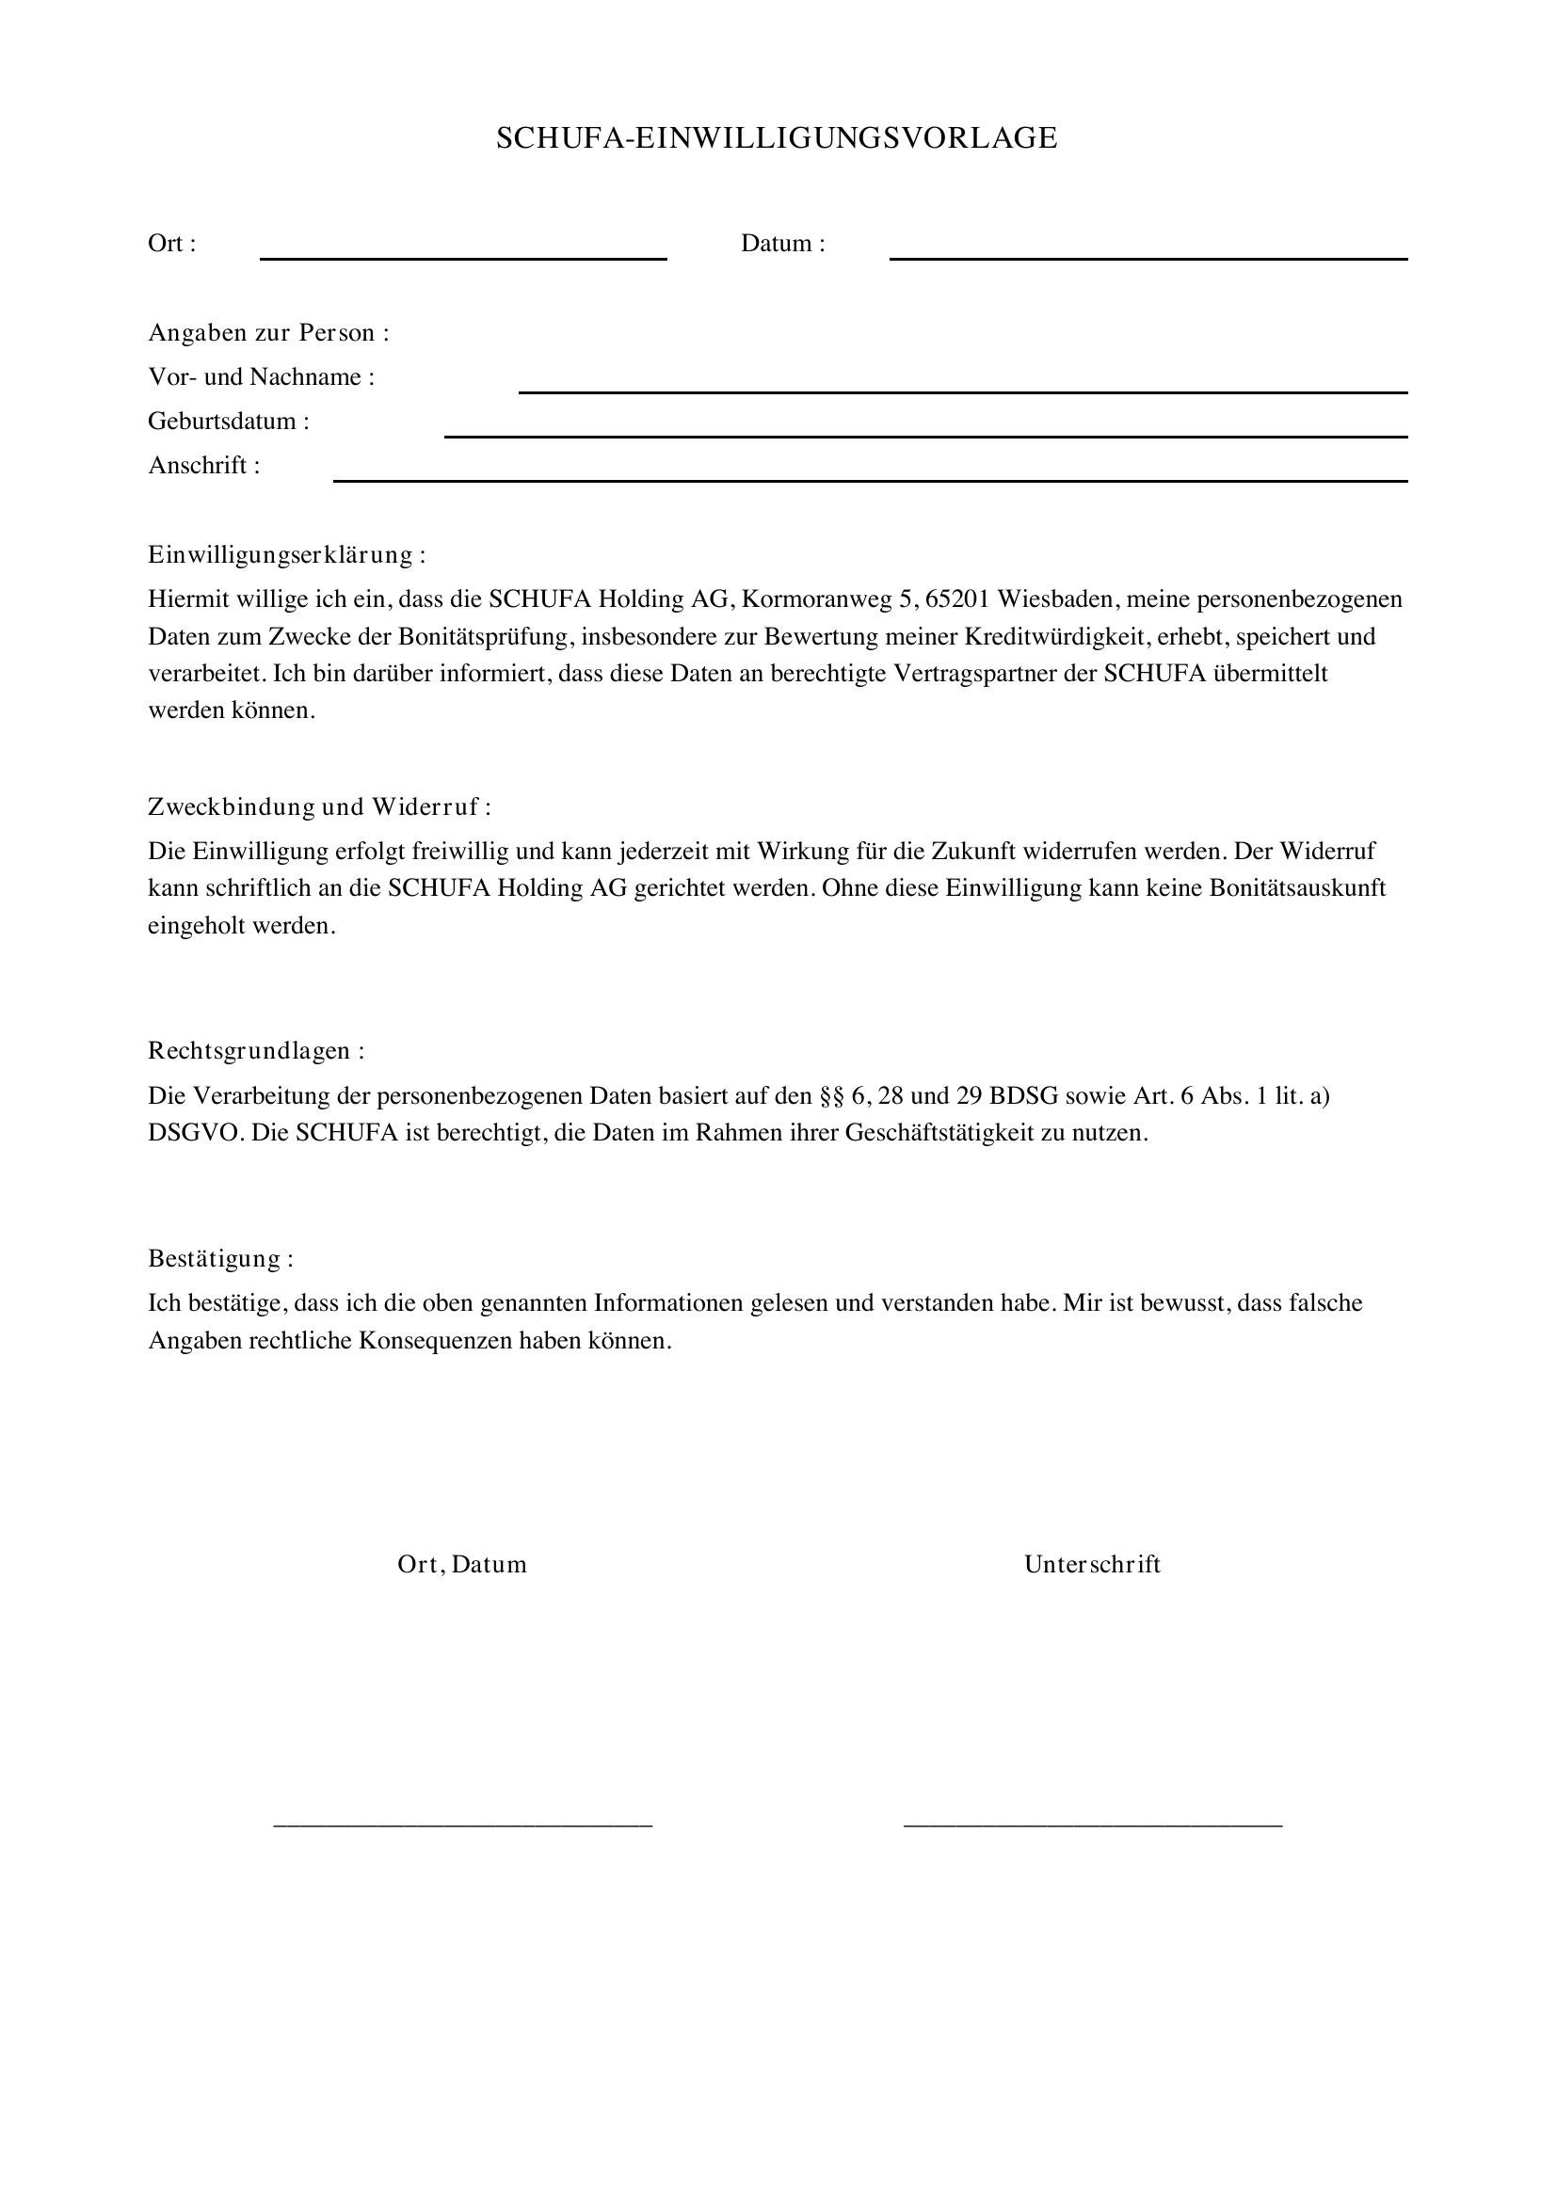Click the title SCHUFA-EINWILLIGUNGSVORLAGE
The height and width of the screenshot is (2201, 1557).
click(777, 138)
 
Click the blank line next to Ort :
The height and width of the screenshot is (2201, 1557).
click(463, 256)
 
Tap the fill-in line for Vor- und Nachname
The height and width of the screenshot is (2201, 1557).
click(963, 390)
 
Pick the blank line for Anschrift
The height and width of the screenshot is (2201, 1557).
click(870, 478)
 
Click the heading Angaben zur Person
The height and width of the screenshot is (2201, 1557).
click(268, 332)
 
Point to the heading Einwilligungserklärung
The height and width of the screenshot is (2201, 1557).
click(286, 554)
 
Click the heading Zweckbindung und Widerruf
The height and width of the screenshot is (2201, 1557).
click(318, 806)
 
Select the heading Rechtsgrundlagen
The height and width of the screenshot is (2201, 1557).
click(256, 1051)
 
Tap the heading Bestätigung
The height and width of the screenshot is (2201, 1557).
click(220, 1258)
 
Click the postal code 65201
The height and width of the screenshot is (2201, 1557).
click(957, 599)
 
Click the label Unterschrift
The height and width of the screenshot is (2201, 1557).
click(1092, 1565)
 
